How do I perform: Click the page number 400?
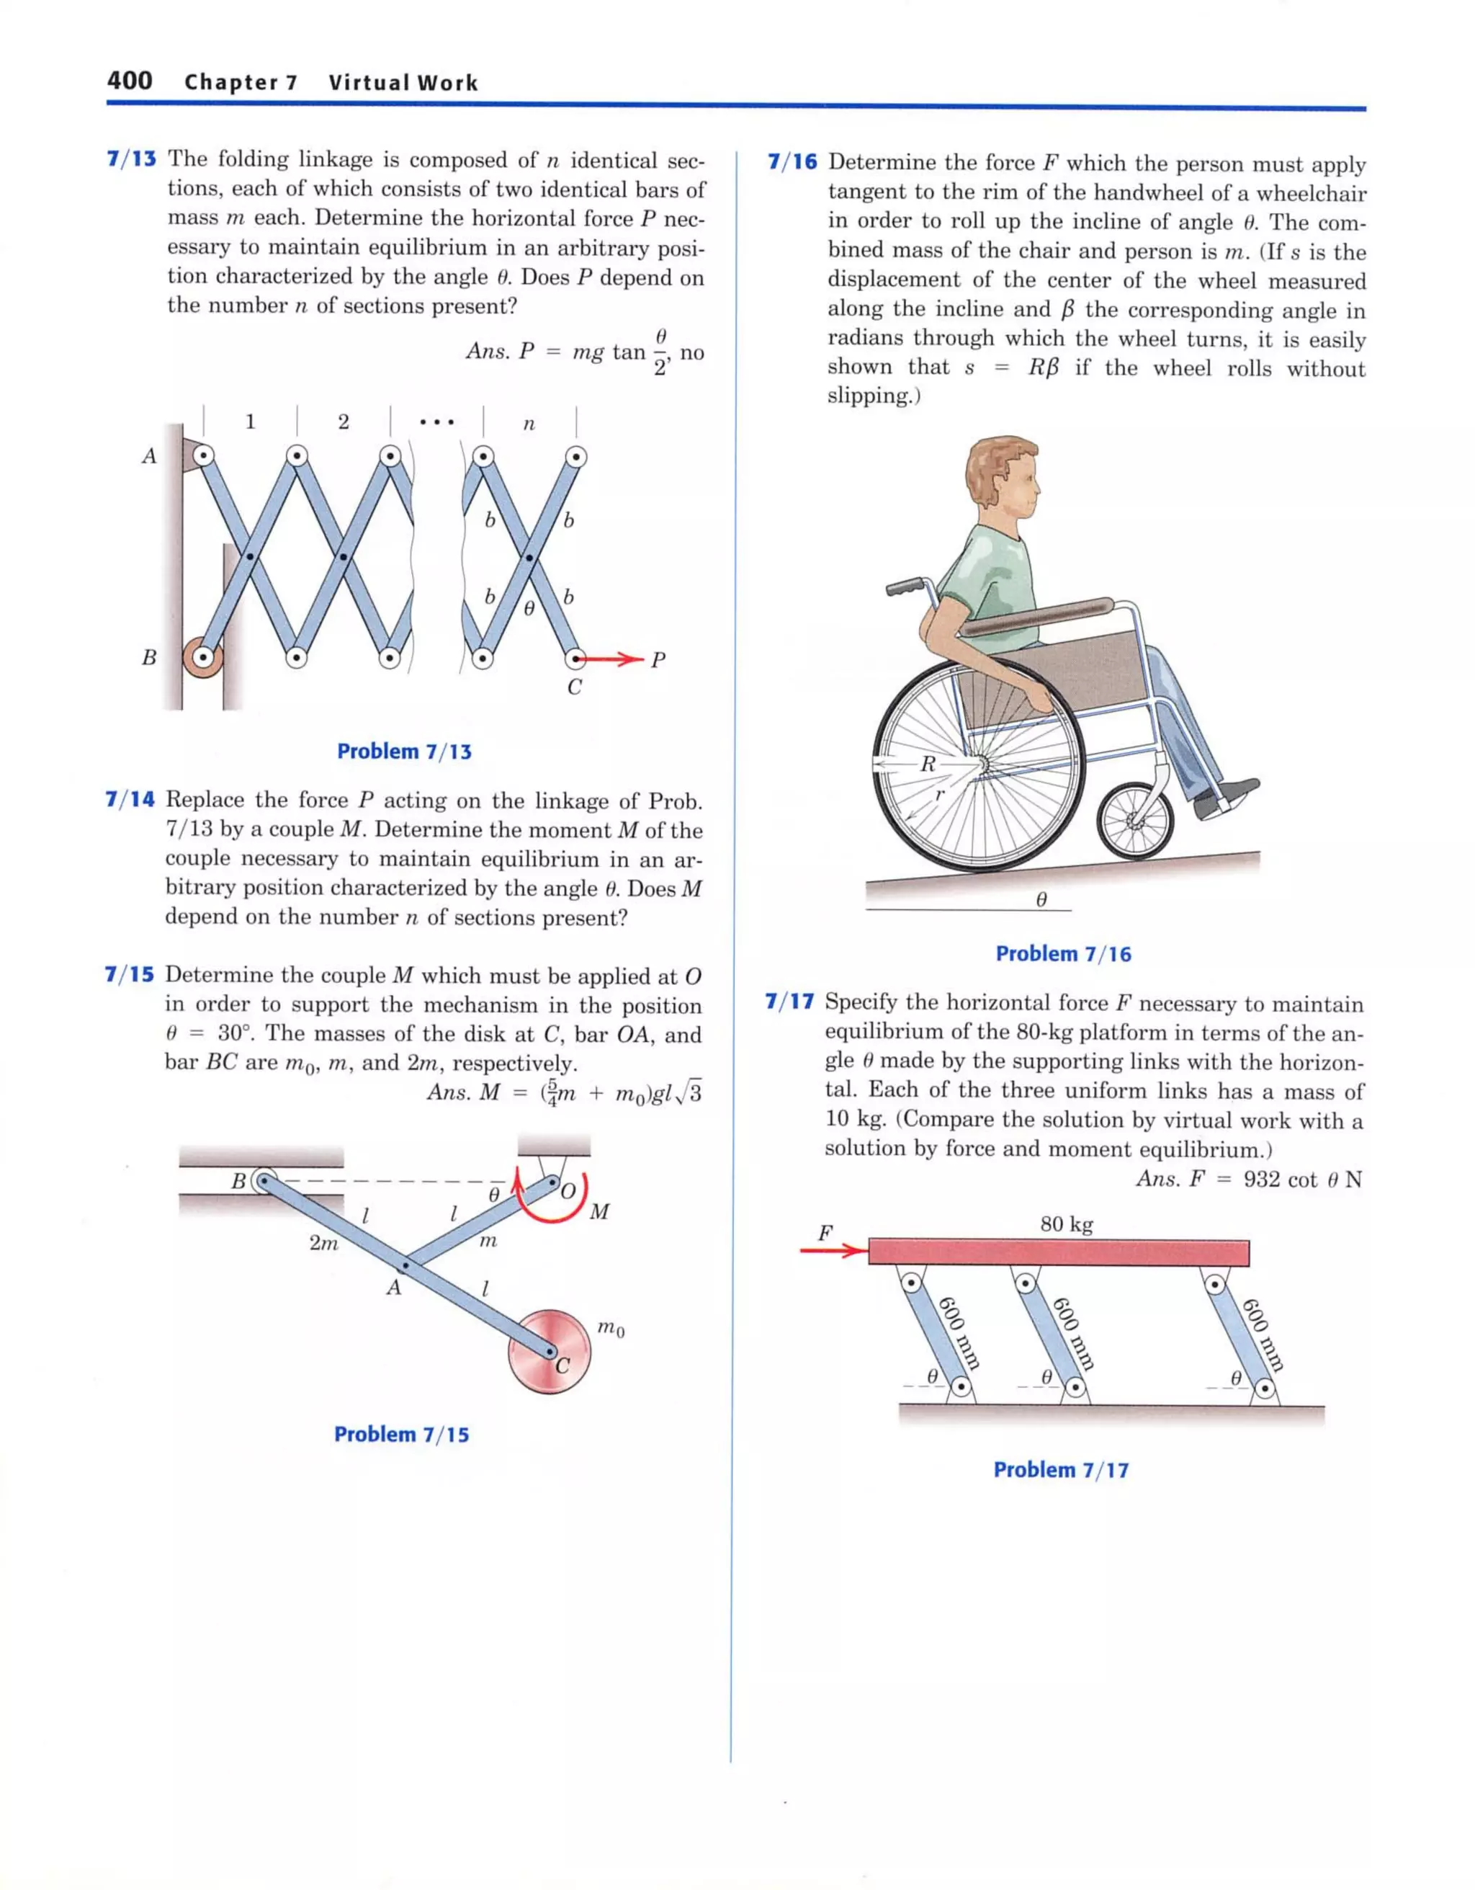[130, 81]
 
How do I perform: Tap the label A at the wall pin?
[149, 455]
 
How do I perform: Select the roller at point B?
[202, 658]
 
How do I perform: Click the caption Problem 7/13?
[404, 751]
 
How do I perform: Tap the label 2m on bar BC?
[323, 1243]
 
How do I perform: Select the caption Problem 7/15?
[401, 1434]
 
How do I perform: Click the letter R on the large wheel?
[928, 763]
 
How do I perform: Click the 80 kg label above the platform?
[1066, 1223]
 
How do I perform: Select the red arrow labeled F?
[833, 1250]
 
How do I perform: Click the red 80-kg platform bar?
[1058, 1252]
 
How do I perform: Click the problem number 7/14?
[130, 799]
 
